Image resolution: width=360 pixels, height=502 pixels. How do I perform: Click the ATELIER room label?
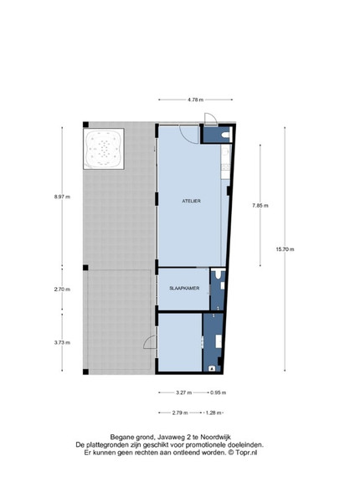coord(191,201)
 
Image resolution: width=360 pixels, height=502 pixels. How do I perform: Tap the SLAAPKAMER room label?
coord(184,288)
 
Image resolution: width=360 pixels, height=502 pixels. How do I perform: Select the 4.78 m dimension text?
coord(195,100)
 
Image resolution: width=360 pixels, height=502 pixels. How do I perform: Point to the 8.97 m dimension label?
coord(62,197)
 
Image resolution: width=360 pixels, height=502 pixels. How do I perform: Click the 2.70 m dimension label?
coord(62,289)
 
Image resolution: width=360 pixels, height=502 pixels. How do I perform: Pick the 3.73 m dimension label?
coord(62,342)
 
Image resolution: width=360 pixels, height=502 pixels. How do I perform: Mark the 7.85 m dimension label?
coord(260,206)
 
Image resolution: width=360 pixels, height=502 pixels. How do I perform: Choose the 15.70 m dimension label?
coord(285,249)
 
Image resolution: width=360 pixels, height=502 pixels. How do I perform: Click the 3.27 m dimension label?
coord(184,392)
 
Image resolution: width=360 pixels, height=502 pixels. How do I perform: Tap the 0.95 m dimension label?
coord(219,392)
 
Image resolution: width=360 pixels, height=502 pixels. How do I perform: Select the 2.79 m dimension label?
coord(180,412)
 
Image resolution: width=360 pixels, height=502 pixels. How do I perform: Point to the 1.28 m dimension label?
coord(213,412)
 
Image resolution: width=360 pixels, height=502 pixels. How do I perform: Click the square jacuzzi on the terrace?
coord(104,149)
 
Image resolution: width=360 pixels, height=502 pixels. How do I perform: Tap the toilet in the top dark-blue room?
coord(227,135)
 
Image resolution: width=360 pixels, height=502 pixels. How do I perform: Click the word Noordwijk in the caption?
coord(217,437)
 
